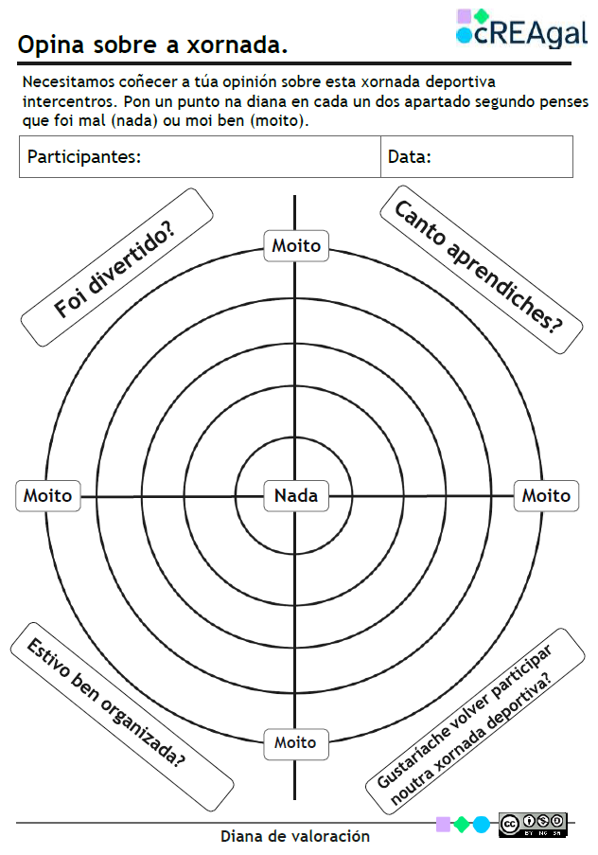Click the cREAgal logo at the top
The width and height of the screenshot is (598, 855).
click(521, 27)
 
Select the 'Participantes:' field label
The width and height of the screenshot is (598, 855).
click(84, 156)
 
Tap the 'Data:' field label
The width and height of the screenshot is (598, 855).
click(410, 156)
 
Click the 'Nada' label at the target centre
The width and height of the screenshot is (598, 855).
click(295, 494)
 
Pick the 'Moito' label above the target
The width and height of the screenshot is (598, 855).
click(296, 245)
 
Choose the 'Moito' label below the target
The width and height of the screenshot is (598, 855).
click(295, 742)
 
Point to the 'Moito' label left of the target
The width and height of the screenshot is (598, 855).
click(47, 494)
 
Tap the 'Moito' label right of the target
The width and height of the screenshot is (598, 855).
click(546, 494)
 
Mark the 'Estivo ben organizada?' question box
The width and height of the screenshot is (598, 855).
click(121, 704)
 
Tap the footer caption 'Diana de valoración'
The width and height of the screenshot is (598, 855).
click(295, 836)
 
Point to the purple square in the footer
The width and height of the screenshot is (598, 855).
click(443, 824)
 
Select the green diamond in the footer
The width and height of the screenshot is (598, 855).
click(462, 824)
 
